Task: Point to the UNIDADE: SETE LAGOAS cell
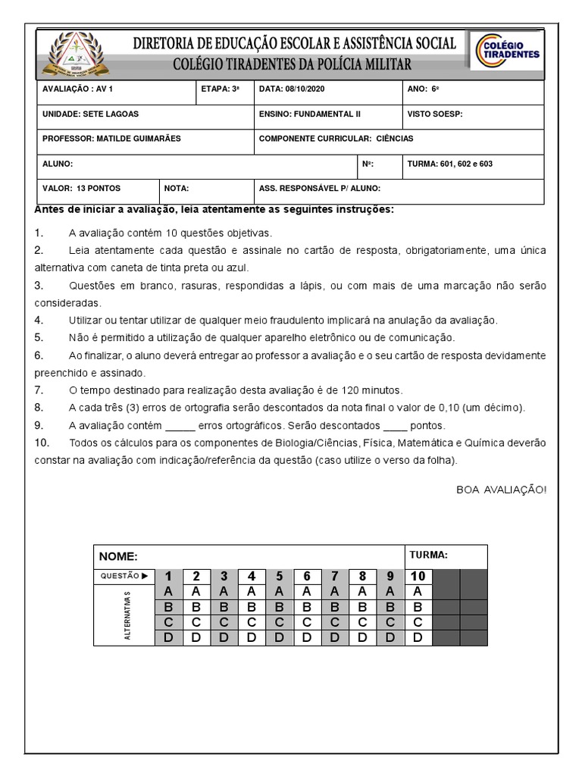click(x=90, y=114)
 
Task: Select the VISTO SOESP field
click(x=434, y=114)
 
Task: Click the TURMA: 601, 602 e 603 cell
click(x=450, y=164)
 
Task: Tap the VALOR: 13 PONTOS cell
click(x=81, y=188)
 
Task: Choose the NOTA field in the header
click(x=177, y=188)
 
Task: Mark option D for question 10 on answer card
click(x=417, y=637)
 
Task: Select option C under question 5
click(x=279, y=622)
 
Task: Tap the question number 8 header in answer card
click(x=362, y=575)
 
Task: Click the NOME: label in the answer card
click(x=117, y=557)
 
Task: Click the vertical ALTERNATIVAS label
click(x=127, y=614)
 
